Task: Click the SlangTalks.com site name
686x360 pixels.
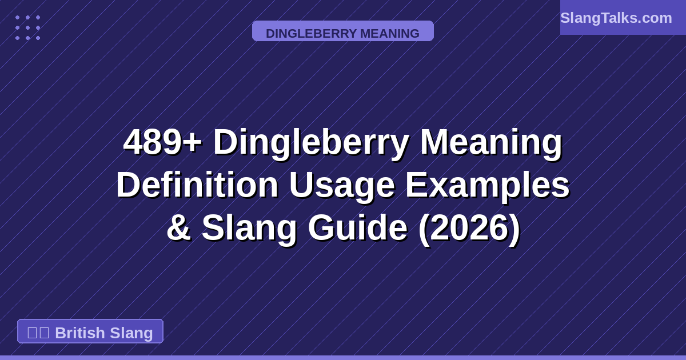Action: pos(616,18)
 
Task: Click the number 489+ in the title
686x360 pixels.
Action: pos(162,142)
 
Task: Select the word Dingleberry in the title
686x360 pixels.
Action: pos(310,142)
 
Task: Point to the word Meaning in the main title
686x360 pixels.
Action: pos(491,142)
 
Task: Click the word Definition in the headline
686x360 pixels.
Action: pos(197,185)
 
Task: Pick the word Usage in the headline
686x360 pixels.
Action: pos(341,185)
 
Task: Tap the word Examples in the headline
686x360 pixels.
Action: pos(488,185)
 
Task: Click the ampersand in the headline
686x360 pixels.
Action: pos(178,227)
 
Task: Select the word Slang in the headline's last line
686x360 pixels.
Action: pos(249,227)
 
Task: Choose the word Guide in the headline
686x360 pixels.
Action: pos(357,227)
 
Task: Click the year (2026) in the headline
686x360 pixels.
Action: pos(469,227)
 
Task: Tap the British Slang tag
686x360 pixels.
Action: pos(90,332)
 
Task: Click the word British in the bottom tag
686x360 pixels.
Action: pos(79,333)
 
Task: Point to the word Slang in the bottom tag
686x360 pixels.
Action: pos(131,333)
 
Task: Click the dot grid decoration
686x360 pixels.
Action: pos(27,27)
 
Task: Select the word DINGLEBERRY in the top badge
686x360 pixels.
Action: pos(311,33)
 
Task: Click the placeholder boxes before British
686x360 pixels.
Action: pos(38,333)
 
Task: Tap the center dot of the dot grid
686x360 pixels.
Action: pos(27,27)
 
